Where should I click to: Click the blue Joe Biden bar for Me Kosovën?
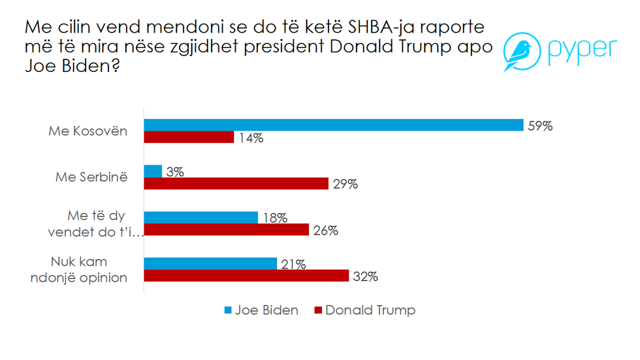[333, 125]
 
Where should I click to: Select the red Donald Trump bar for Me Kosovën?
[189, 137]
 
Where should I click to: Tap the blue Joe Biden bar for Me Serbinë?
[153, 171]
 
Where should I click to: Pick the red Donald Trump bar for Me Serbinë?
[236, 184]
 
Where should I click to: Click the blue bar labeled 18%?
[200, 218]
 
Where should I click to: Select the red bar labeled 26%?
[226, 230]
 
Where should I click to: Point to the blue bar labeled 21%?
[210, 263]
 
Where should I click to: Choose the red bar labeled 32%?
[246, 276]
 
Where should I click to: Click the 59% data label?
[540, 125]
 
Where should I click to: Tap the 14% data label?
[251, 138]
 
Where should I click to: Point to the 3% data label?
[175, 172]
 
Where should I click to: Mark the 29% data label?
[345, 184]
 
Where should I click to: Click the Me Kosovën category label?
[88, 131]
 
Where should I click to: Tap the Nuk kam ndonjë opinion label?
[88, 269]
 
